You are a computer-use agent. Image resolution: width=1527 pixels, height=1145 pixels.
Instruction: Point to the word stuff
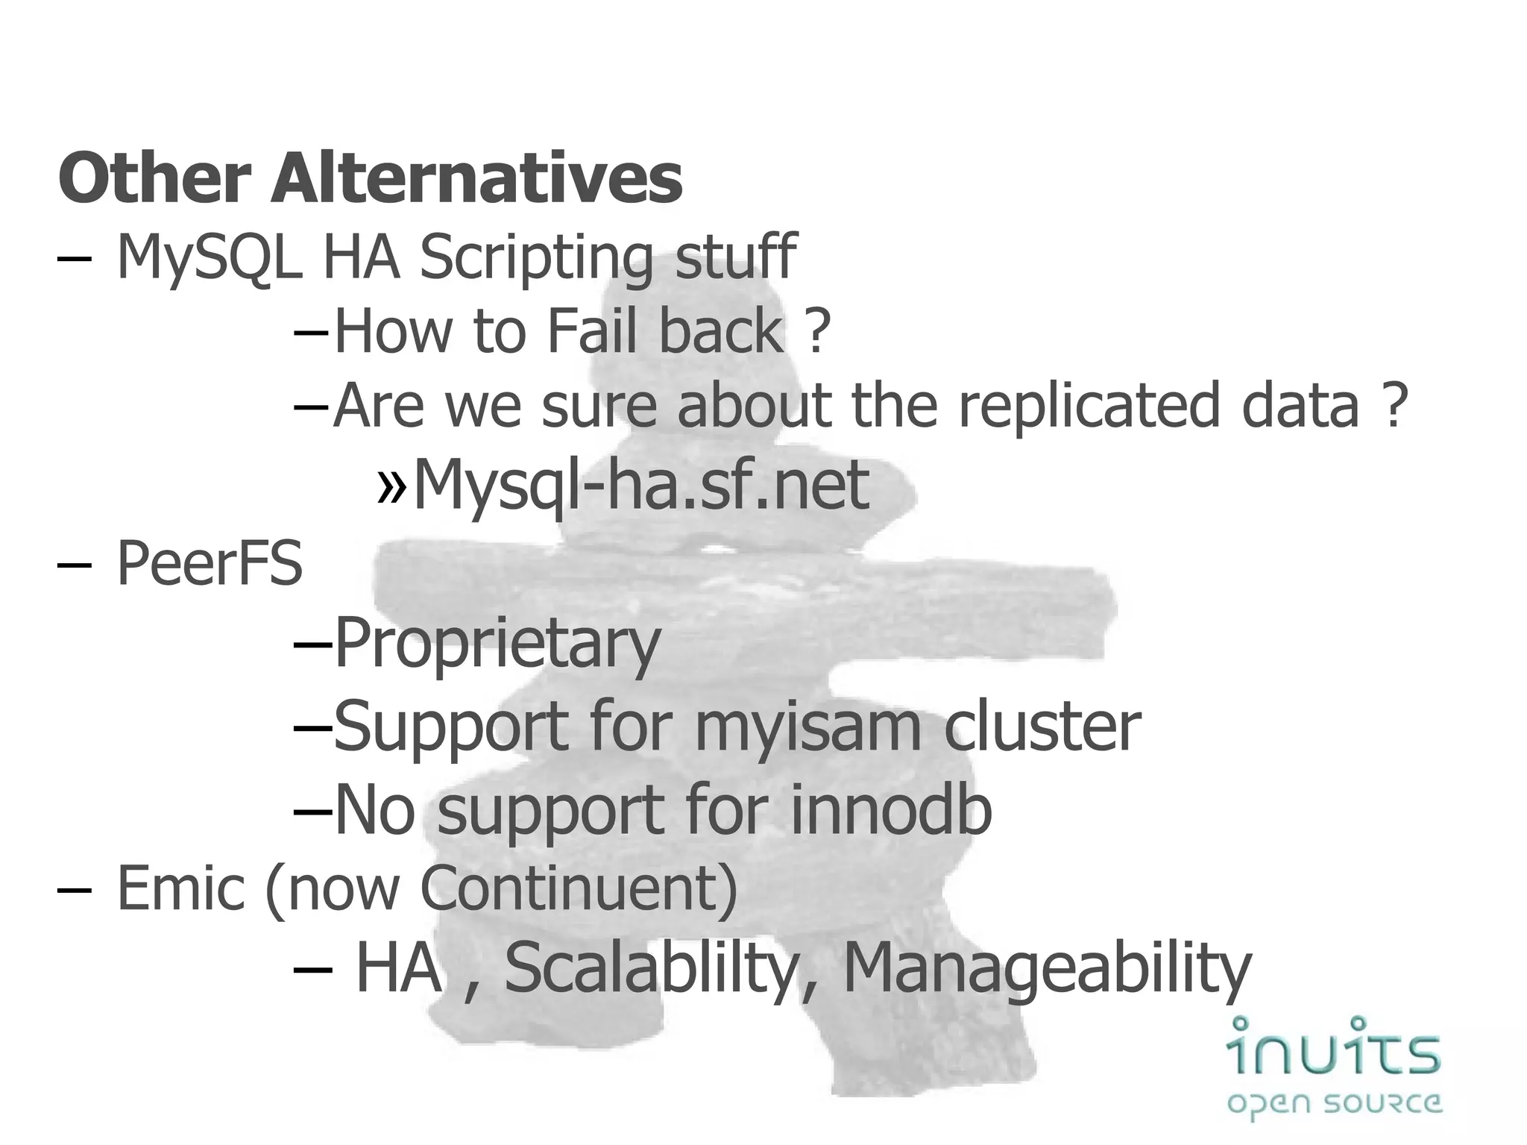click(735, 257)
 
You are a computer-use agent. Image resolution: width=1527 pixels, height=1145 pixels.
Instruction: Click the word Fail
click(591, 331)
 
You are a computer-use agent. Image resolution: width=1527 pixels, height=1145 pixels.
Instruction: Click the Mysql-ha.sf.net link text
click(641, 485)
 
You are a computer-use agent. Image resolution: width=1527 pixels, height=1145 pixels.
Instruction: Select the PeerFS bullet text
click(210, 563)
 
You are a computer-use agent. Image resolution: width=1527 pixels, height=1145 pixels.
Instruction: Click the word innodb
click(890, 809)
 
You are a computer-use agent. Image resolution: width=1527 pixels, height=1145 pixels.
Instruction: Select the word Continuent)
click(579, 888)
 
